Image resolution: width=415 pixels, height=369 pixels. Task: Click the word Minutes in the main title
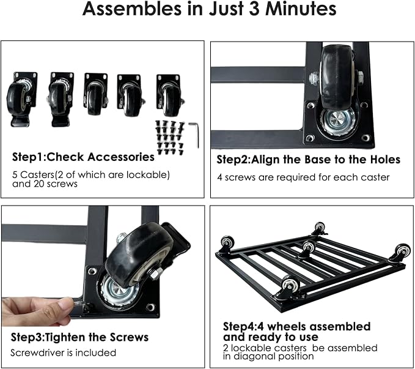301,9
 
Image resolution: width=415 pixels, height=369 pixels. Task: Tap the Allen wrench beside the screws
194,135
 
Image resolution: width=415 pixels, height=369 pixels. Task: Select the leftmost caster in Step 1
21,99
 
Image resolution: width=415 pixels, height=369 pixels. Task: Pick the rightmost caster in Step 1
169,95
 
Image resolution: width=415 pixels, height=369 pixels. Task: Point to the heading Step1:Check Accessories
83,157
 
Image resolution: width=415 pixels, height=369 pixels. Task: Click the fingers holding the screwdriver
37,311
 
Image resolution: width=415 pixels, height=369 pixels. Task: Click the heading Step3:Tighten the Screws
79,337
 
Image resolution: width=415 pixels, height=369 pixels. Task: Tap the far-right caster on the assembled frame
401,252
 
